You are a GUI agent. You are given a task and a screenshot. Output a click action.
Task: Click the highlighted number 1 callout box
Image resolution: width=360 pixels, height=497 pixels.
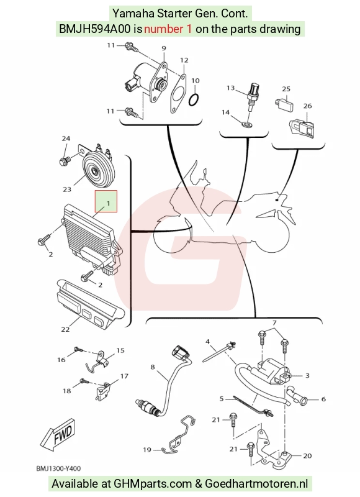[106, 201]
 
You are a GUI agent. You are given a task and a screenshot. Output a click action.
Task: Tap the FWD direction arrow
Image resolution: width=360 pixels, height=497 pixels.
[58, 434]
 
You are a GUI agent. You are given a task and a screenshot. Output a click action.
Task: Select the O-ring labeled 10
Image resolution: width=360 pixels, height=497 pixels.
[194, 100]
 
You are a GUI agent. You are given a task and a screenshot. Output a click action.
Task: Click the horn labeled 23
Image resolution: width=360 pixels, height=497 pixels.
[97, 167]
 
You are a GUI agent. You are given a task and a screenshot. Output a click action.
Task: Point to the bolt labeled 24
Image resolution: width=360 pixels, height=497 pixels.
[65, 161]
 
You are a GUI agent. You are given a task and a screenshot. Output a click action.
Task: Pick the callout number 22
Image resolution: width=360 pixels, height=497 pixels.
[65, 329]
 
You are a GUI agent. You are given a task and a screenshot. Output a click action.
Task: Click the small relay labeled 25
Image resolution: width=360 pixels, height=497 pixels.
[284, 105]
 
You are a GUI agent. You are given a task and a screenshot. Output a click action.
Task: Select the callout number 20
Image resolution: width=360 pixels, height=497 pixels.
[307, 455]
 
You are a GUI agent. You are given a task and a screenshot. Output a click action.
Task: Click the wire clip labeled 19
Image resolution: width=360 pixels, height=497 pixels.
[178, 435]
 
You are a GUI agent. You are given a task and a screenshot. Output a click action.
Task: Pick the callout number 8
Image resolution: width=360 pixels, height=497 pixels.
[153, 367]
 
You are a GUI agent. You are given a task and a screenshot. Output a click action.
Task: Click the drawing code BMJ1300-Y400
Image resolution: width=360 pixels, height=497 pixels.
[58, 468]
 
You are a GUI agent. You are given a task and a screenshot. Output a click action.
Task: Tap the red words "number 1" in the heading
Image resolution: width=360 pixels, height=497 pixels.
[168, 29]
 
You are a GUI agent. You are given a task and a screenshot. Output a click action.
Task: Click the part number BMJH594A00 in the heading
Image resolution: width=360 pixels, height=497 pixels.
[95, 29]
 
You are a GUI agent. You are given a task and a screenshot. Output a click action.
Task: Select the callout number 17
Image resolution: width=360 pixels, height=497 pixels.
[124, 376]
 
